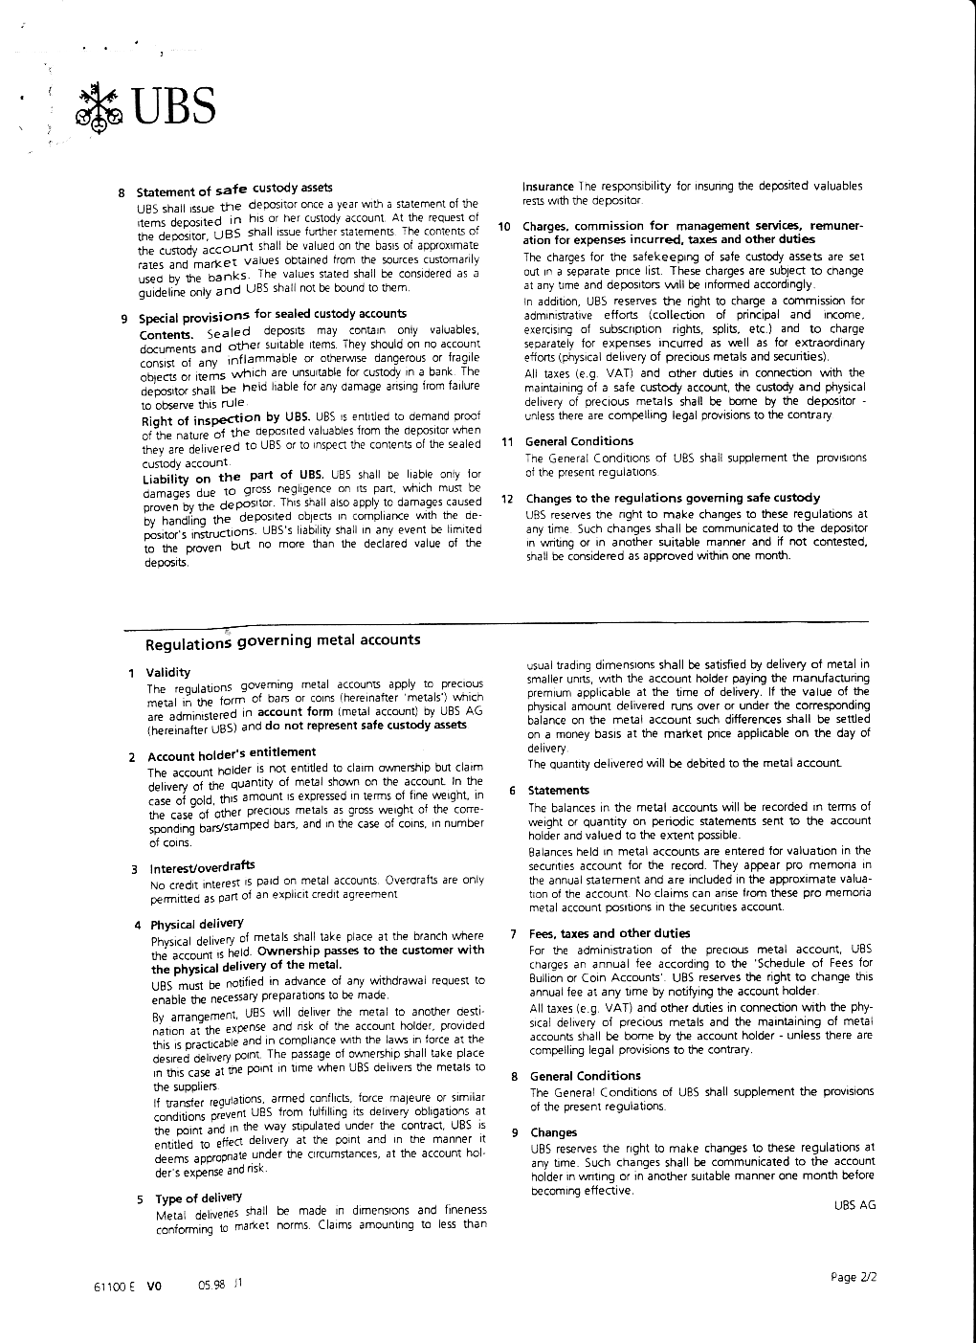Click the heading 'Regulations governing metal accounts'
click(282, 641)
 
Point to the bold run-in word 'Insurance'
click(547, 186)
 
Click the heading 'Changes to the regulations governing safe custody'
click(673, 498)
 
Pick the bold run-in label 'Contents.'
click(166, 334)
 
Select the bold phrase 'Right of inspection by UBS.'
click(225, 419)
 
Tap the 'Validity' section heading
click(168, 672)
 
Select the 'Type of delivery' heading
click(198, 1198)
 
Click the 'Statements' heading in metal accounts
click(560, 791)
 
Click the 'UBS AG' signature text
click(854, 1205)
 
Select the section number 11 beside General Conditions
click(507, 441)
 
